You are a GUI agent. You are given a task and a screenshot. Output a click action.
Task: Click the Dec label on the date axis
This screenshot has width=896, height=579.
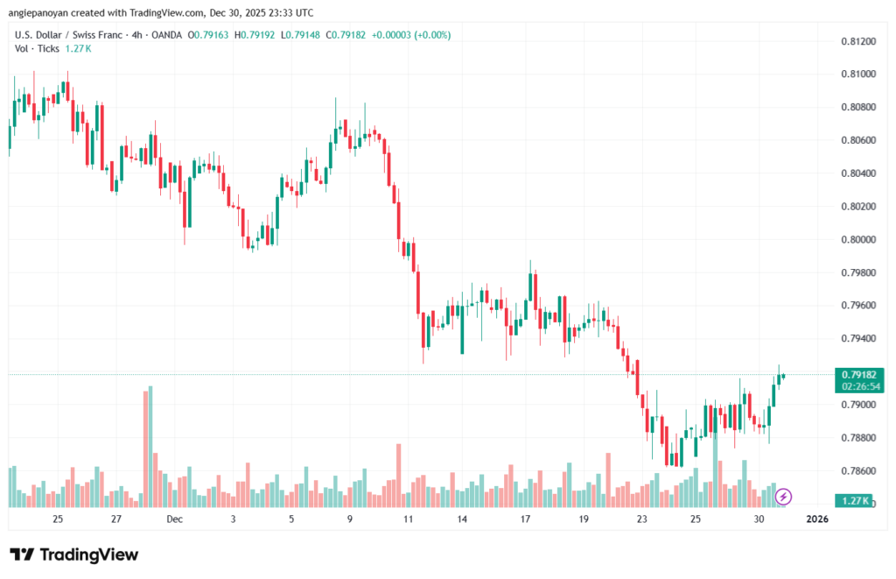click(174, 519)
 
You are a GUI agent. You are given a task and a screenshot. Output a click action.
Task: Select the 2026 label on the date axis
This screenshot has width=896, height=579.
click(816, 519)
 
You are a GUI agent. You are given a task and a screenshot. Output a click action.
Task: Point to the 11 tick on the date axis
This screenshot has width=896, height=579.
click(408, 519)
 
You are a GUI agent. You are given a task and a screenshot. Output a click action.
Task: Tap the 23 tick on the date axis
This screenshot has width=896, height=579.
click(641, 519)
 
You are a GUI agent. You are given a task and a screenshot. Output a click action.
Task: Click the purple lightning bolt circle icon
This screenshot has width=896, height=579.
click(784, 497)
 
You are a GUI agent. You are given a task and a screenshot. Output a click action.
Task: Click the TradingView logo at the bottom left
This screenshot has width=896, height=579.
click(73, 554)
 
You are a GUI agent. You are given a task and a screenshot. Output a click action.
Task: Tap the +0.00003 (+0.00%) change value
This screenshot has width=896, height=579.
click(411, 35)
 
